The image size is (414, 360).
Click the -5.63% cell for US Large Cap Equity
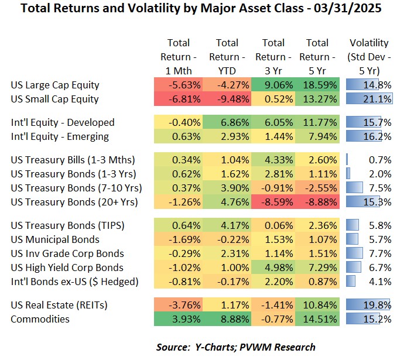coord(178,85)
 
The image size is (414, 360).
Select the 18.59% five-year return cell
coord(319,85)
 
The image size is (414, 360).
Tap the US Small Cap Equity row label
coord(54,99)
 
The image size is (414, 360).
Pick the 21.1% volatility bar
coord(369,99)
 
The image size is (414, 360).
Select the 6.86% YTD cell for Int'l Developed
coord(227,122)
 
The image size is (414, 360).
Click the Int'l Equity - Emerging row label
coord(60,136)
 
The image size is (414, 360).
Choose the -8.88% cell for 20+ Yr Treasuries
coord(319,202)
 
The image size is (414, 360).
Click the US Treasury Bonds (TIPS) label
coord(67,225)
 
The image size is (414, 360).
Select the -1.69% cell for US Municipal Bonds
coord(178,239)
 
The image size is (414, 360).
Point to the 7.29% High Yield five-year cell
coord(319,268)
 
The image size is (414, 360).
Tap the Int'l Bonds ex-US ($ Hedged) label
coord(74,282)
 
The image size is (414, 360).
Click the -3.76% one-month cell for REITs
coord(178,305)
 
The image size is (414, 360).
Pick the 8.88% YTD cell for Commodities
coord(227,319)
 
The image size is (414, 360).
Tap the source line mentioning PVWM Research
coord(235,347)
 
